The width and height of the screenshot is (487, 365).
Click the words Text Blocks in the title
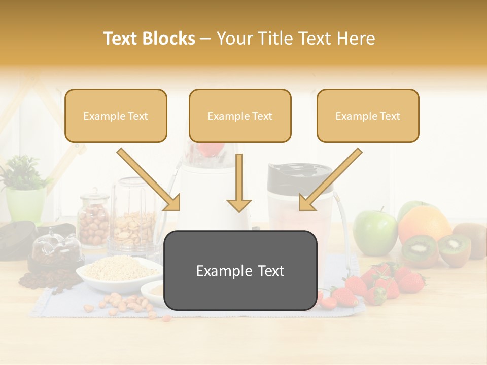pos(149,39)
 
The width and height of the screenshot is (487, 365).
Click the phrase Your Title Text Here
pos(296,39)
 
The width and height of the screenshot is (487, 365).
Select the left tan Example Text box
pos(116,116)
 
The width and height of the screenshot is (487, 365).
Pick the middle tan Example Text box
pos(240,116)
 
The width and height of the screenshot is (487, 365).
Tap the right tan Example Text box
pos(368,116)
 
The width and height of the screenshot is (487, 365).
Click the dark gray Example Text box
pos(240,270)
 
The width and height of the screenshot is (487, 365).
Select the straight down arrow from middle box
pos(239,182)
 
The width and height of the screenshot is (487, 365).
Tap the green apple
pos(375,232)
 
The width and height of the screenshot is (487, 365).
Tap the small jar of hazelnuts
pos(93,220)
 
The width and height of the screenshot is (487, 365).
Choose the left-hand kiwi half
pos(420,249)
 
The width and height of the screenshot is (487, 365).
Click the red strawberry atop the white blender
pos(210,149)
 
